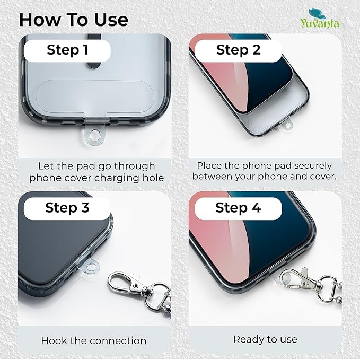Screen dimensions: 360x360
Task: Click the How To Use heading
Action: tap(74, 20)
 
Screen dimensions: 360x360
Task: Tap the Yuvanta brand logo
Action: tap(320, 19)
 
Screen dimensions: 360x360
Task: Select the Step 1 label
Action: tap(67, 50)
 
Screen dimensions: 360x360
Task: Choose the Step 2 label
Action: tap(238, 50)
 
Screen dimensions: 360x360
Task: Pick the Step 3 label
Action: tap(67, 207)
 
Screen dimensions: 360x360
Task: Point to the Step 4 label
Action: tap(238, 207)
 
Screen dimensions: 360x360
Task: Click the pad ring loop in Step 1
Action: tap(93, 135)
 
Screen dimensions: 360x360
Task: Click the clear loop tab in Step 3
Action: tap(91, 267)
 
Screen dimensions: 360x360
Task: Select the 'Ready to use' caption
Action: tap(265, 339)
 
